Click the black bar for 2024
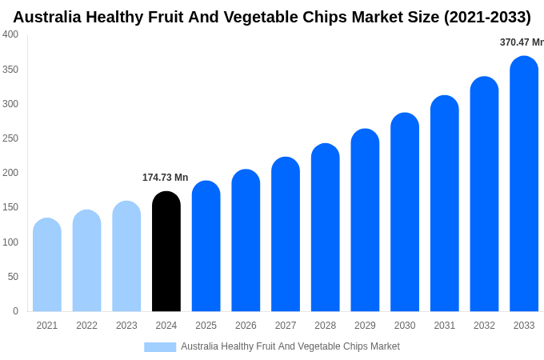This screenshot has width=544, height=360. point(166,251)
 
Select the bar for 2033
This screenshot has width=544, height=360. point(524,184)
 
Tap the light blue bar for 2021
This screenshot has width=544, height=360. point(47,265)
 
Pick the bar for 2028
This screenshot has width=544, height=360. point(326,227)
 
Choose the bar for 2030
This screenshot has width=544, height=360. point(405,212)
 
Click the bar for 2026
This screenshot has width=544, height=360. point(246,240)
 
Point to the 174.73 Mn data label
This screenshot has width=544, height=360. point(166,178)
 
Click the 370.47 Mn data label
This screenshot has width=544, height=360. point(522,42)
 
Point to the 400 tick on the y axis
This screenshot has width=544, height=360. point(10,34)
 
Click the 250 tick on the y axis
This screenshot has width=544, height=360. point(10,138)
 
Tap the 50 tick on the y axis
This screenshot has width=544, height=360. point(13,277)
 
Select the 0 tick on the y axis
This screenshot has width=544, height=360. point(15,311)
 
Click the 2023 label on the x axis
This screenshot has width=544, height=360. point(126,326)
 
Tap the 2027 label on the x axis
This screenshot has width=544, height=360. point(286,326)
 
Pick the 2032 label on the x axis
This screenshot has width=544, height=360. point(484,326)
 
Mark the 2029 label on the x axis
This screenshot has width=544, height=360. point(365,326)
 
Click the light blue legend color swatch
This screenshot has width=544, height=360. point(160,347)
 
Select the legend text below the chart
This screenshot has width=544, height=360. point(290,346)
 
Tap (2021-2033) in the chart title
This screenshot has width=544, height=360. point(487,17)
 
